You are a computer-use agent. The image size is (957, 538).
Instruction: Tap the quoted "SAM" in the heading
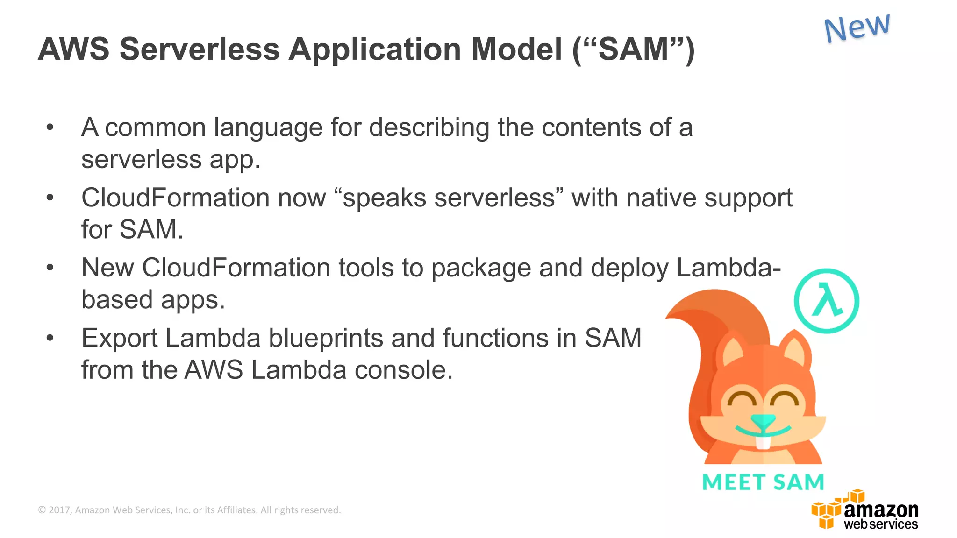pos(633,49)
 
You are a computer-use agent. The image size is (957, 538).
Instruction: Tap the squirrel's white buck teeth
pos(763,441)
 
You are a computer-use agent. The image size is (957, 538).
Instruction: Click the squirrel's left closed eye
pos(742,400)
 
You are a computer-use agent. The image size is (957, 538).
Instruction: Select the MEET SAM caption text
pos(763,482)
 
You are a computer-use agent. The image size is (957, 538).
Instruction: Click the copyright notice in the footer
pos(189,510)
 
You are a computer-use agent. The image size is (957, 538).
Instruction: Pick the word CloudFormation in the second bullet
pos(175,198)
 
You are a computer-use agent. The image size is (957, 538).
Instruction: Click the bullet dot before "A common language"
pos(50,127)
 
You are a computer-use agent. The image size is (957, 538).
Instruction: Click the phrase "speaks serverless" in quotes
pos(449,198)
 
